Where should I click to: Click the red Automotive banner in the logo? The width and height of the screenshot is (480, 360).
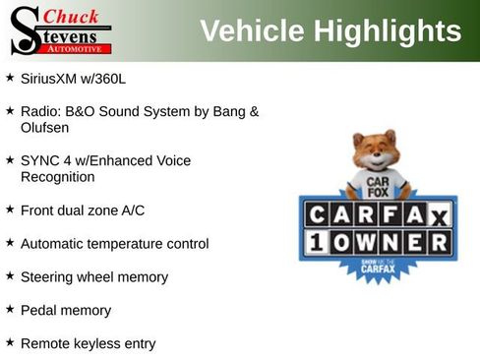[78, 48]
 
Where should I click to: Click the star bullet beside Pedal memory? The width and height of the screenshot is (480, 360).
[10, 309]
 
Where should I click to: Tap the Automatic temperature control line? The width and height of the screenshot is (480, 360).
[114, 243]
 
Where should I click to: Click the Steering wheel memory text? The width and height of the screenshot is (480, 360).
[93, 276]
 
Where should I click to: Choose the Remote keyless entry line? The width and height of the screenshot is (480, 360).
[88, 343]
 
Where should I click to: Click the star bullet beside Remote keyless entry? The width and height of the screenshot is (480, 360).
[10, 342]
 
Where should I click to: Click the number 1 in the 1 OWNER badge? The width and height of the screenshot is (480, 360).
[315, 242]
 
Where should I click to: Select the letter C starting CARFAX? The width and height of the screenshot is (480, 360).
[316, 214]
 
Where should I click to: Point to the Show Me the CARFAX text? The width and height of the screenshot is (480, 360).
[378, 266]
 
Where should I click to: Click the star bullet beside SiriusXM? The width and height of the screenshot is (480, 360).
[10, 76]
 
